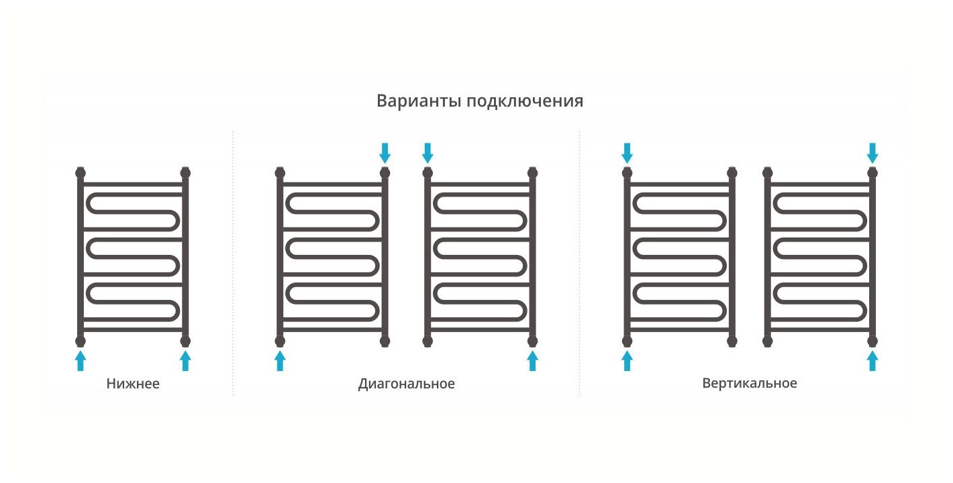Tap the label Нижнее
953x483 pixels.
coord(133,384)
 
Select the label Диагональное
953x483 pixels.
coord(406,384)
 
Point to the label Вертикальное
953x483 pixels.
coord(750,384)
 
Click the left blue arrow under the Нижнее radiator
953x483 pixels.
coord(81,360)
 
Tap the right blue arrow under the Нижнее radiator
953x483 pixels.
coord(185,360)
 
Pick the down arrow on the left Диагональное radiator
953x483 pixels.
coord(385,153)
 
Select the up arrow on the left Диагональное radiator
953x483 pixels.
coord(280,360)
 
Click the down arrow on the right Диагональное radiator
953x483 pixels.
coord(427,153)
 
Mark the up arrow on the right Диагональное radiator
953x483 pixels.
coord(532,360)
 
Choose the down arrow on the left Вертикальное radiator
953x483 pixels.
coord(627,153)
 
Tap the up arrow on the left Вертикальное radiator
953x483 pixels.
coord(627,360)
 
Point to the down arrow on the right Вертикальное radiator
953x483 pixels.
coord(872,153)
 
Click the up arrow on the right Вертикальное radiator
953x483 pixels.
coord(872,360)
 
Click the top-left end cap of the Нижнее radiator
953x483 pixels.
coord(81,172)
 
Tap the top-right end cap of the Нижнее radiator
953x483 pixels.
coord(185,172)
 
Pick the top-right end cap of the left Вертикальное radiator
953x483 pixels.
coord(732,172)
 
